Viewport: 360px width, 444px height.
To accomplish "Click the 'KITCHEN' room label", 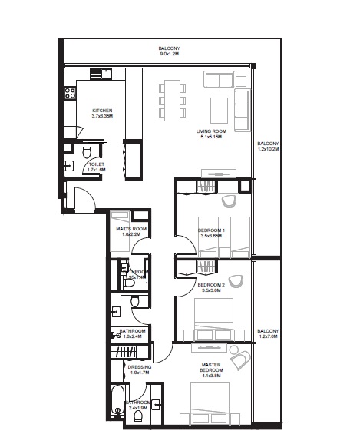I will coord(102,110).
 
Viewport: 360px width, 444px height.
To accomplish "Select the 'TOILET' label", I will coord(97,164).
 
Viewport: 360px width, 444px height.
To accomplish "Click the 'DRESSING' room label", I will coord(140,367).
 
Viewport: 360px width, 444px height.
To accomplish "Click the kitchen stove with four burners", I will coord(69,95).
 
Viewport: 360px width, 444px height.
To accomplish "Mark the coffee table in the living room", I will coord(220,105).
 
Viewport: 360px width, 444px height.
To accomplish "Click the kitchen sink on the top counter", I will coord(102,75).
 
